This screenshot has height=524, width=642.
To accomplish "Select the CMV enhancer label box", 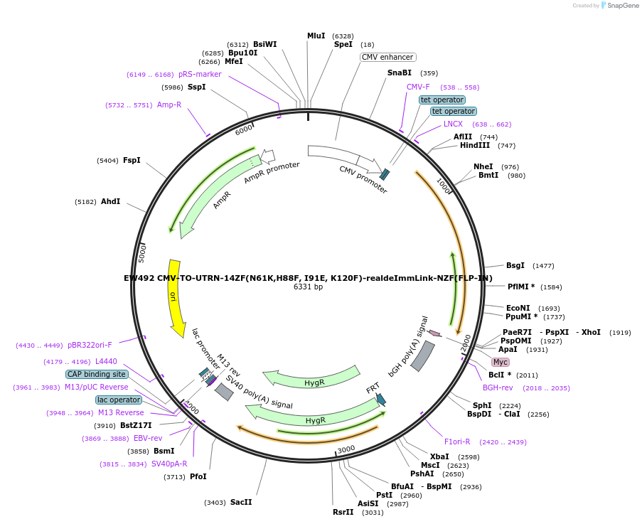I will point(387,57).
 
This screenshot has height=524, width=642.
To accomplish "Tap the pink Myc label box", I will point(501,362).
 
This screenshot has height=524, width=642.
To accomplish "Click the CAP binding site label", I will point(97,374).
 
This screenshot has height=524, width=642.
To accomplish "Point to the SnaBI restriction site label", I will point(399,73).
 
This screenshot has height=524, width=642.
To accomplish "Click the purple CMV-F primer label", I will point(418,87).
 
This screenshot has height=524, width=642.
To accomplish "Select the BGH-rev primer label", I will point(498,387).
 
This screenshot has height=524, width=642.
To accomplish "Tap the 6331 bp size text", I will point(308,287).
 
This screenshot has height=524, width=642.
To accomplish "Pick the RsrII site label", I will point(343,512).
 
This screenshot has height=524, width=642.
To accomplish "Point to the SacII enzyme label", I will point(241,502).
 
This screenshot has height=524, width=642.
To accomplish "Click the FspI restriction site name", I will point(132,160).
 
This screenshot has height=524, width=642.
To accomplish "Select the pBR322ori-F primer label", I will point(90,346).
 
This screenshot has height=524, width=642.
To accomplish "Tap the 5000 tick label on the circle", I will point(142,252).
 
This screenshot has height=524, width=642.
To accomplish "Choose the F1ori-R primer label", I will point(456,442).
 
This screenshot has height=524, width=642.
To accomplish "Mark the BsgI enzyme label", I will point(515,265).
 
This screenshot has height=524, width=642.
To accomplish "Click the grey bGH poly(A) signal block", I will point(422,355).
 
